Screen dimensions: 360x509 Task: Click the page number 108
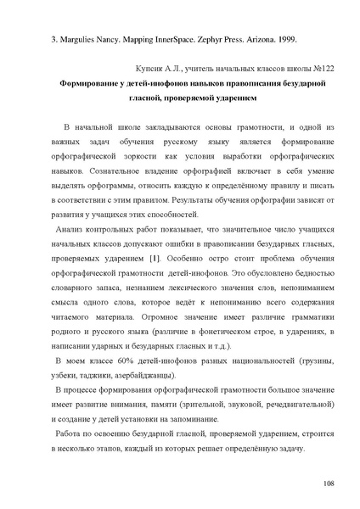point(329,482)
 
